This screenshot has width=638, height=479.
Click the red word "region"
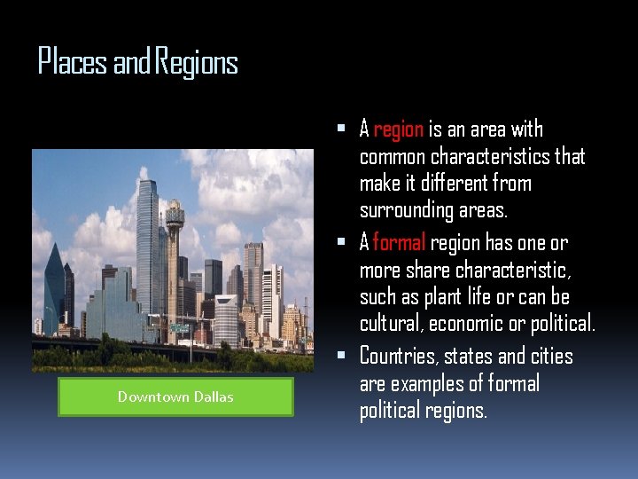pyautogui.click(x=398, y=130)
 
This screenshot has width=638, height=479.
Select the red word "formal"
pyautogui.click(x=400, y=242)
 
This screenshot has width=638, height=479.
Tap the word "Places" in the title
pyautogui.click(x=72, y=63)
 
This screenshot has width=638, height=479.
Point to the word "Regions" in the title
pyautogui.click(x=197, y=63)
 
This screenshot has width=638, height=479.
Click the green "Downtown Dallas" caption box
pyautogui.click(x=175, y=397)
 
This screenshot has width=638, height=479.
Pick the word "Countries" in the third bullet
pyautogui.click(x=398, y=357)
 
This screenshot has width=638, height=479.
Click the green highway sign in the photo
pyautogui.click(x=181, y=328)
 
